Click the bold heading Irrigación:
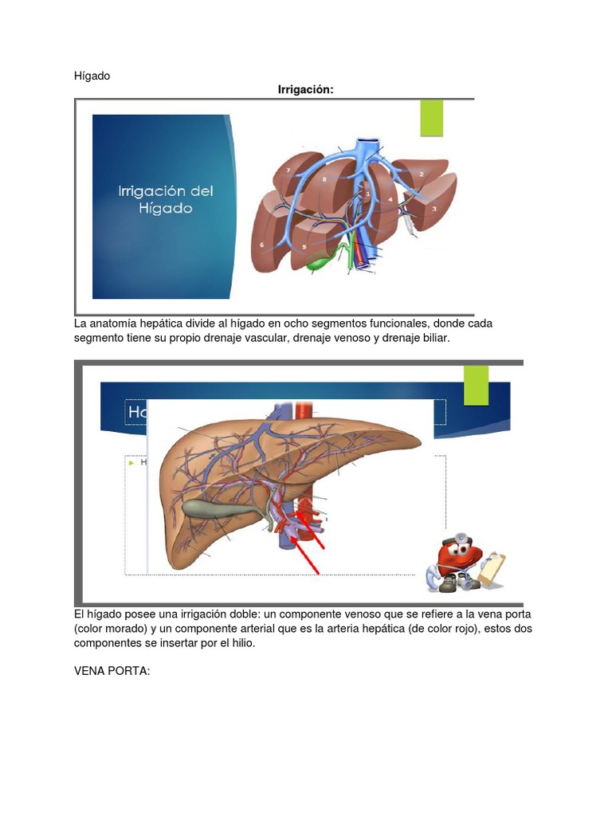(x=305, y=90)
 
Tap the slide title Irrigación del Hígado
(x=166, y=199)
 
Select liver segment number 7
(x=288, y=171)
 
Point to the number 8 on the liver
(x=324, y=180)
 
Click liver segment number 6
(x=262, y=245)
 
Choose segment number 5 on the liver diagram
(x=304, y=247)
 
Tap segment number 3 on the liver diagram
(x=434, y=209)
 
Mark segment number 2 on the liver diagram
(x=421, y=174)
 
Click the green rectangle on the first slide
(x=431, y=118)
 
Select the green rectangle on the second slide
(x=476, y=386)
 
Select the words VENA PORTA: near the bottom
(x=112, y=672)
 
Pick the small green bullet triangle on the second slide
(x=131, y=461)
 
